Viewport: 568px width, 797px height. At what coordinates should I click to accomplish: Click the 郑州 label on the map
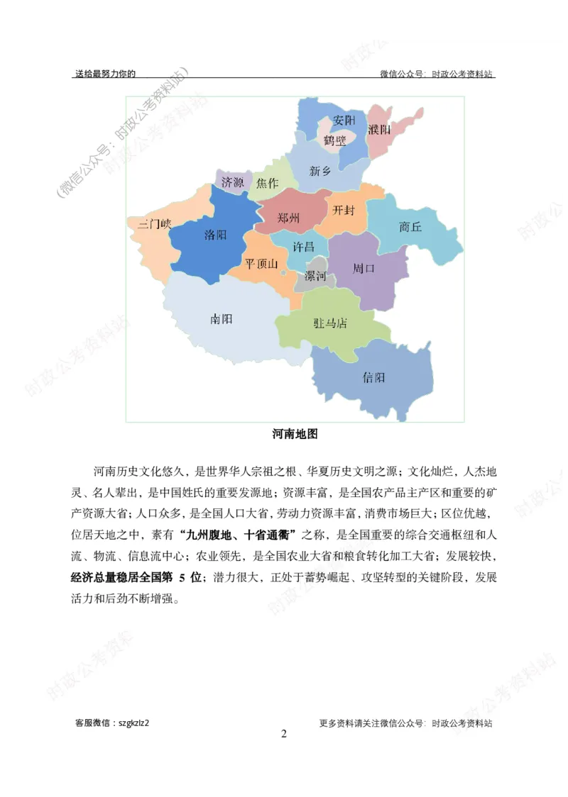pos(289,217)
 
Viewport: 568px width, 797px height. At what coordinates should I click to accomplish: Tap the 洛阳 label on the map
pos(215,234)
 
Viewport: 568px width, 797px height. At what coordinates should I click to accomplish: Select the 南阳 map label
pos(222,319)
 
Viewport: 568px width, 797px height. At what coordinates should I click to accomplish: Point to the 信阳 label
pos(373,377)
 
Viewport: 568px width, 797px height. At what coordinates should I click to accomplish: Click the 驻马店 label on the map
pos(331,323)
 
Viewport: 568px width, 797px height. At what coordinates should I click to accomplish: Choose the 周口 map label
pos(364,269)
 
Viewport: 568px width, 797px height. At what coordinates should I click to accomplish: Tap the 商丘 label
pos(410,227)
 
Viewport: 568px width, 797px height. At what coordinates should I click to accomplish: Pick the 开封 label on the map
pos(344,211)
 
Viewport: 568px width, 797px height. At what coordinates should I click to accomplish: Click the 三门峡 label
pos(155,224)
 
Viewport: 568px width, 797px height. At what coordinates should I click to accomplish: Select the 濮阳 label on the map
pos(380,130)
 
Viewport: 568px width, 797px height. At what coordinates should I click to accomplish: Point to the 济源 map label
pos(233,182)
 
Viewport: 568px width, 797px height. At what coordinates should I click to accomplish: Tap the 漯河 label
pos(315,276)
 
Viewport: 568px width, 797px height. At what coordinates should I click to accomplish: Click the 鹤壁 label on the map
pos(335,140)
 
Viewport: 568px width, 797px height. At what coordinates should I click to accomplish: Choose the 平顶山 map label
pos(262,264)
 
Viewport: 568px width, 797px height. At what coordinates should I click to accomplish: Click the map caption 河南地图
pos(295,434)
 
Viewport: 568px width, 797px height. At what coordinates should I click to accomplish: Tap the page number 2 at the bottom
pos(284,734)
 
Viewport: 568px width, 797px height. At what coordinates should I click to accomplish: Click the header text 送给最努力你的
pos(105,73)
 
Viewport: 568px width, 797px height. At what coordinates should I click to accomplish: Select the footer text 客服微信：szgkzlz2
pos(112,723)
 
